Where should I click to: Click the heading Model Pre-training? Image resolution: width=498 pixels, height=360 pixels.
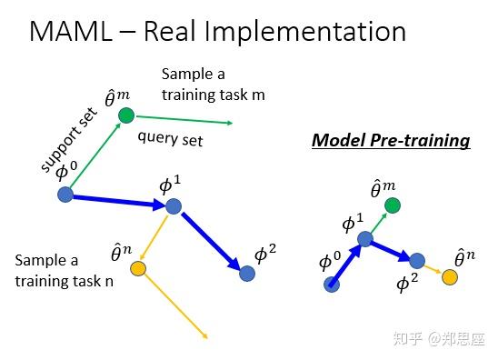[391, 141]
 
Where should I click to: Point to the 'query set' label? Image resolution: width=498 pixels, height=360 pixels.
[170, 139]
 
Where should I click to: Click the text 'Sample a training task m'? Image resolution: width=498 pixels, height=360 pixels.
[213, 84]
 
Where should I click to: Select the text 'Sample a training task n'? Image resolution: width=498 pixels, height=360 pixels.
[64, 271]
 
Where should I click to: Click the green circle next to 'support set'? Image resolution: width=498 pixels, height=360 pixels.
[126, 115]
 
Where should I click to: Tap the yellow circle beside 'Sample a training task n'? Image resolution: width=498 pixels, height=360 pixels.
[137, 268]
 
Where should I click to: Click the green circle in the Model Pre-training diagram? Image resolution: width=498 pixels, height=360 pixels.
[392, 205]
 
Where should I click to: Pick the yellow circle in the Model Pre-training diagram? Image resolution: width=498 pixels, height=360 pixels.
[449, 276]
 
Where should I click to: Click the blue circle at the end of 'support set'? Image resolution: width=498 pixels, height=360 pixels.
[65, 195]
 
